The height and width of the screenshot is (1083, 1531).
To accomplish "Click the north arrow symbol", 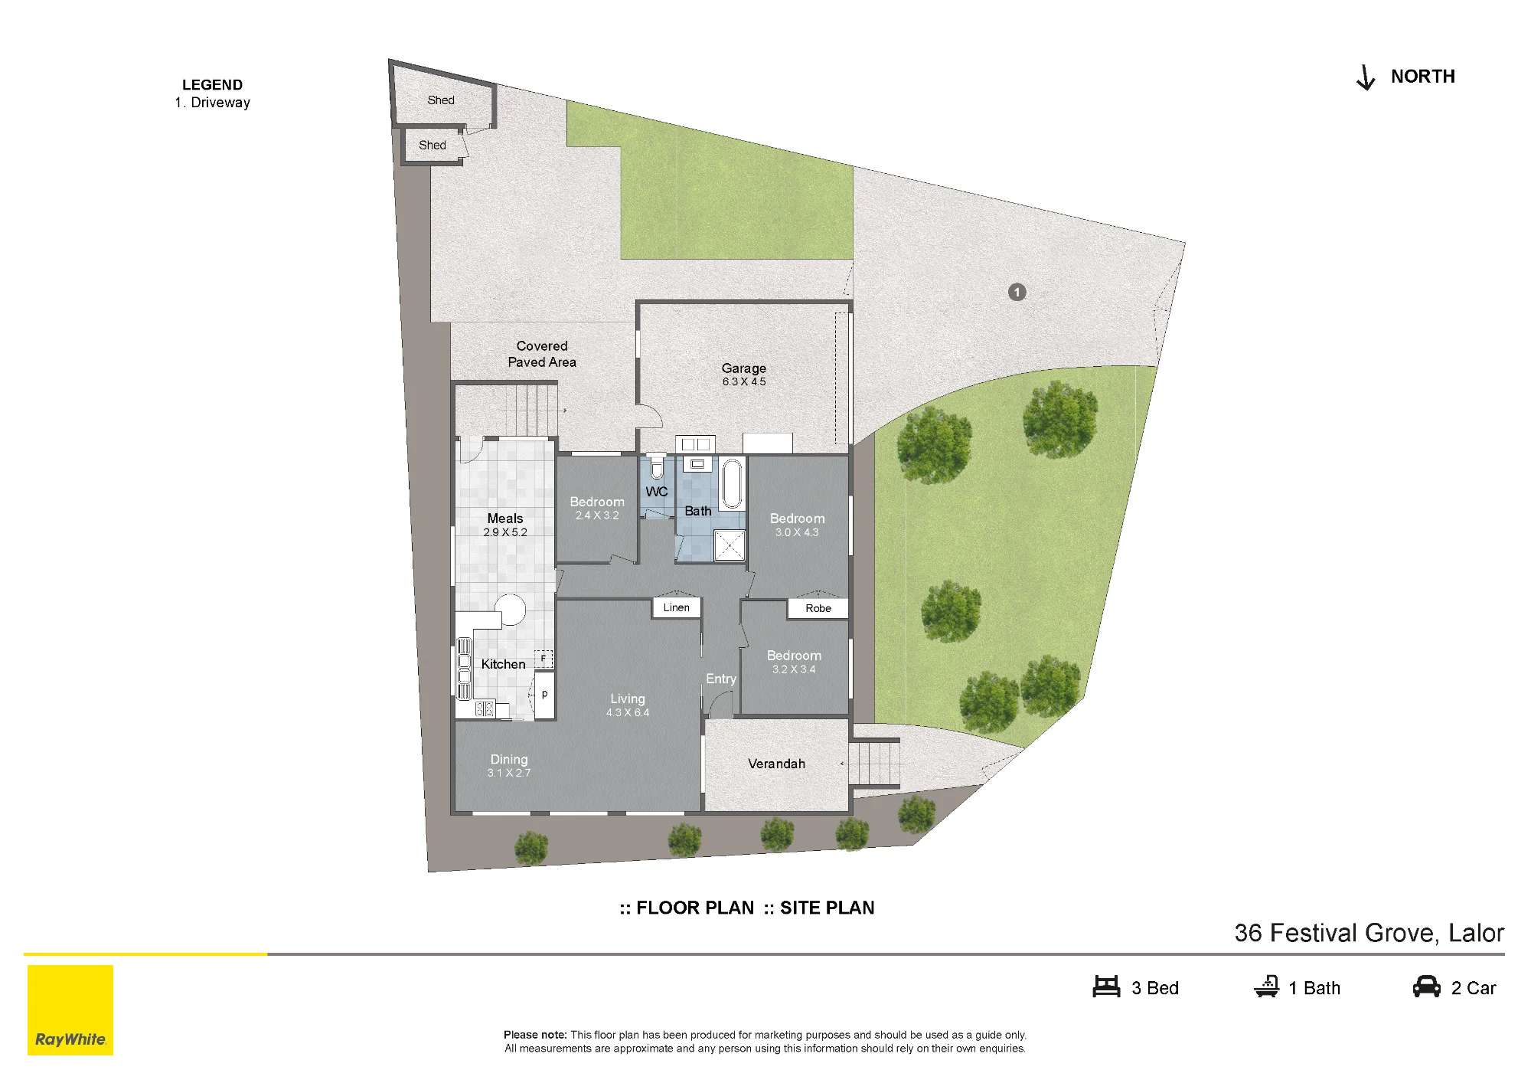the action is point(1366,77).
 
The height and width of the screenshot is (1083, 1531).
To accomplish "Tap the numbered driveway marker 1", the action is point(1017,292).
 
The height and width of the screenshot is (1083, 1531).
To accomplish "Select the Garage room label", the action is point(743,368).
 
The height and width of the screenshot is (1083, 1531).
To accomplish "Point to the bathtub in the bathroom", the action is point(733,483).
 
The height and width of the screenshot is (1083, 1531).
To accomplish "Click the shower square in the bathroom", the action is point(730,545).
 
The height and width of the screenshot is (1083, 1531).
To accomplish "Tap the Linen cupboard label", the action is point(677,607).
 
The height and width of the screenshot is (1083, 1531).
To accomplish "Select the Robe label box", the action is point(818,608).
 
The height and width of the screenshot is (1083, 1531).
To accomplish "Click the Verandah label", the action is point(776,764).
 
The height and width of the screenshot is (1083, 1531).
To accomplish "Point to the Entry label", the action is point(721,679).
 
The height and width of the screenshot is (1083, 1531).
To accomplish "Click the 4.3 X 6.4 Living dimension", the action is point(628,712).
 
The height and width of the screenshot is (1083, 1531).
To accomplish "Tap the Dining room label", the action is point(509,759).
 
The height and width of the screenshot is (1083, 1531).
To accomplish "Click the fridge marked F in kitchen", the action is point(544,659).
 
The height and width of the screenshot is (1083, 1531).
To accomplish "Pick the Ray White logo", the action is point(70,1010).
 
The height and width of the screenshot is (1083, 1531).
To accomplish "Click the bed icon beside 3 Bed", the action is point(1106,986).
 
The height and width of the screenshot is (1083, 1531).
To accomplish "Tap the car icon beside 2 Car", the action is point(1427,986).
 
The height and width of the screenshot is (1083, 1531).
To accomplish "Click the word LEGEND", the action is point(212,85).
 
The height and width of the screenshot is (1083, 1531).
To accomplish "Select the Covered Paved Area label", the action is point(542,354).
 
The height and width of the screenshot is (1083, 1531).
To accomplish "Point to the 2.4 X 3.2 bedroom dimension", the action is point(597,515).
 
